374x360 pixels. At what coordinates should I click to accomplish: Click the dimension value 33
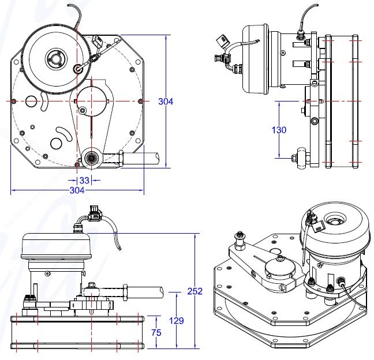pyautogui.click(x=84, y=181)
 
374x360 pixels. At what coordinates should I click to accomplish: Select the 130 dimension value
pyautogui.click(x=279, y=130)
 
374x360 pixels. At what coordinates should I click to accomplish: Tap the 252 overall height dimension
pyautogui.click(x=195, y=291)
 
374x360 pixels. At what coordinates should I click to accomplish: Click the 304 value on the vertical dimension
pyautogui.click(x=166, y=102)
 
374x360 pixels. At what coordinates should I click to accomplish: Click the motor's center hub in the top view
pyautogui.click(x=56, y=58)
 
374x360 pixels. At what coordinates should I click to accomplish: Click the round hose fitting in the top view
pyautogui.click(x=91, y=157)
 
